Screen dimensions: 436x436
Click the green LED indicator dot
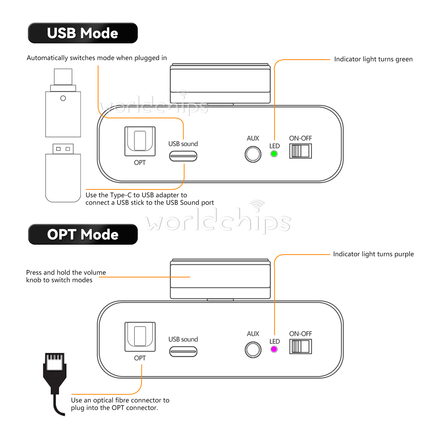(274, 154)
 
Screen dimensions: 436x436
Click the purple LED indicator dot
(274, 349)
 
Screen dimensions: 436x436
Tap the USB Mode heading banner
(83, 33)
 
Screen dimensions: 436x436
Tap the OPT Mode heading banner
(83, 234)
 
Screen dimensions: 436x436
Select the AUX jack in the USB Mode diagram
(253, 154)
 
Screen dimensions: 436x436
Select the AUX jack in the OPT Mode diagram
(253, 350)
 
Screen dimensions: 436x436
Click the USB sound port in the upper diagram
(183, 156)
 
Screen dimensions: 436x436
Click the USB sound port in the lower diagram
(183, 352)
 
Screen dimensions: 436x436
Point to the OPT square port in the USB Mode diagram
(140, 141)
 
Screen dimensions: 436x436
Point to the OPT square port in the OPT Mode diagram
(140, 337)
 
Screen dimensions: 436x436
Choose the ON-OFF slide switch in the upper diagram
(301, 151)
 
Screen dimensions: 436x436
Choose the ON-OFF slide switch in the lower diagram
(301, 347)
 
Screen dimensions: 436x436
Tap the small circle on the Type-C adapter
(63, 98)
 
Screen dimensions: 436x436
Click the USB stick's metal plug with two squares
(63, 149)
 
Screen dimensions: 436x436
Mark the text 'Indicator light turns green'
(373, 59)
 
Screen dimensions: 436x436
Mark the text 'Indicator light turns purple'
(373, 254)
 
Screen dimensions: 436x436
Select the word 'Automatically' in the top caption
(47, 58)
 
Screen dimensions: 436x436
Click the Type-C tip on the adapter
(63, 77)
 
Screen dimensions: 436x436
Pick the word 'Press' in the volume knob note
(34, 272)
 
